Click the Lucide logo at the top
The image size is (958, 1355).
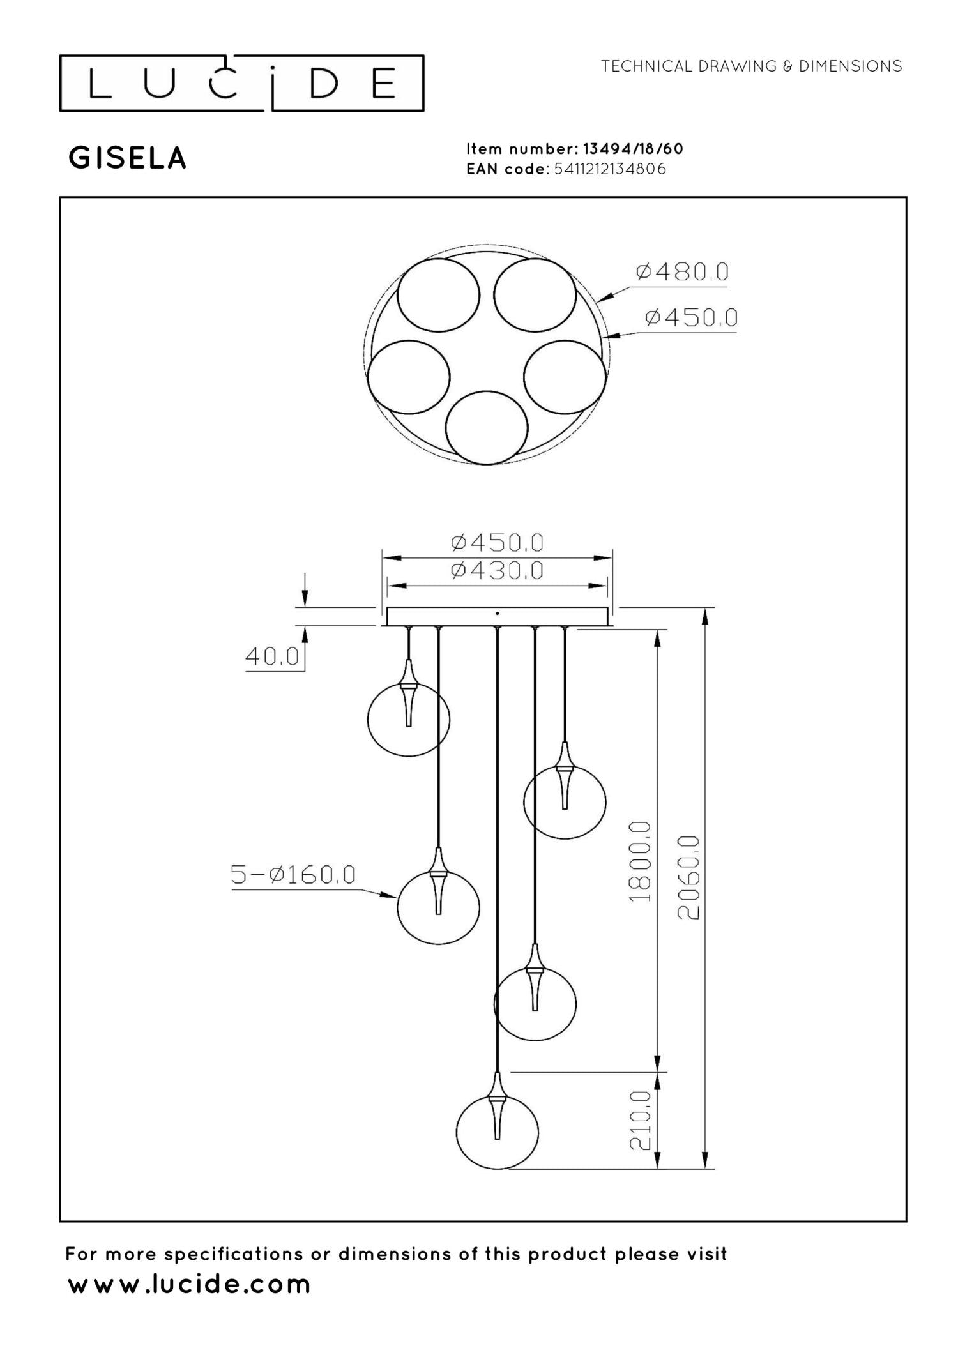(241, 83)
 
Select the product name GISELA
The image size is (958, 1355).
(128, 158)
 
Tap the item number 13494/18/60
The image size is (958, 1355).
(633, 149)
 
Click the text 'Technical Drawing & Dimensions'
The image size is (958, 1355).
(752, 66)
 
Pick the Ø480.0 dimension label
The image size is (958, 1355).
(682, 273)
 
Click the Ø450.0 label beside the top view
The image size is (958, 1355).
(691, 317)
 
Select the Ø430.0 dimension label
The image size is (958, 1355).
(497, 570)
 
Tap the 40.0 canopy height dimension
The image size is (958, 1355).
(272, 656)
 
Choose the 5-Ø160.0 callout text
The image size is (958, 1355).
(293, 875)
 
